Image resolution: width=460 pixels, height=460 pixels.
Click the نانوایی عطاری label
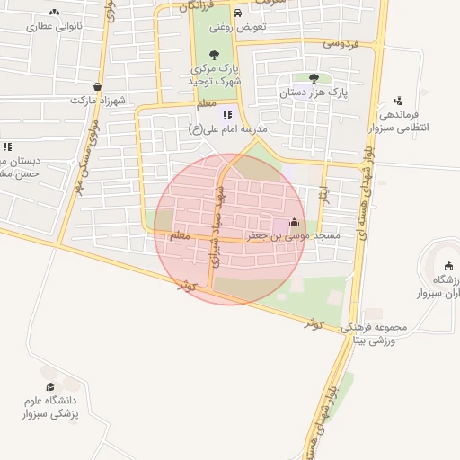[57, 27]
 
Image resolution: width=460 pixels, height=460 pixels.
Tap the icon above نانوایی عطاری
[56, 13]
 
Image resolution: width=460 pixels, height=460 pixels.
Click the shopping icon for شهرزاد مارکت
[97, 87]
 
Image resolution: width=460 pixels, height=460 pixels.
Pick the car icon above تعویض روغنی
[236, 13]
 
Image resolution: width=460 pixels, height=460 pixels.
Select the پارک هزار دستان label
[314, 92]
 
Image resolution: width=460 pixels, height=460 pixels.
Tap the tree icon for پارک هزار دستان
[313, 78]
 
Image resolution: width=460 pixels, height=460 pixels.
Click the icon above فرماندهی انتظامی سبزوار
[398, 101]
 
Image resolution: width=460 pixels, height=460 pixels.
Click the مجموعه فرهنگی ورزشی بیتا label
[376, 333]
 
